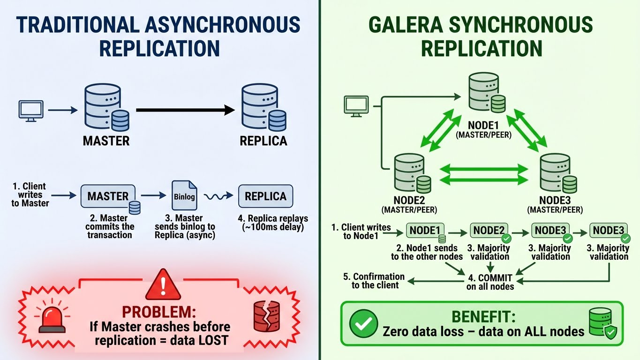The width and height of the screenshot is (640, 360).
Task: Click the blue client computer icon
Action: (30, 111)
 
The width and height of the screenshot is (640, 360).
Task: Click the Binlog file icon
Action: (184, 195)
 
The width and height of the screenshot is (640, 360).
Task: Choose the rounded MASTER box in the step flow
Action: (108, 196)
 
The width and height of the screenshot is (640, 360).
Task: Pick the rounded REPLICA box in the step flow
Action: (265, 196)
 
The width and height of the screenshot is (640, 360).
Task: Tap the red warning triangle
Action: (163, 285)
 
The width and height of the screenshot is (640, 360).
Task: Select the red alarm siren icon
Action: (52, 317)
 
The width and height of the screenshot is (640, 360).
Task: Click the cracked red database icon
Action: (266, 316)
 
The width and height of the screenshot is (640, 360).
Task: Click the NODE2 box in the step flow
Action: (489, 230)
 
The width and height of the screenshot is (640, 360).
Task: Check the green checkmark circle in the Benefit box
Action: (363, 323)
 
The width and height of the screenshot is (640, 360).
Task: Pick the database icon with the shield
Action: (602, 323)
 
